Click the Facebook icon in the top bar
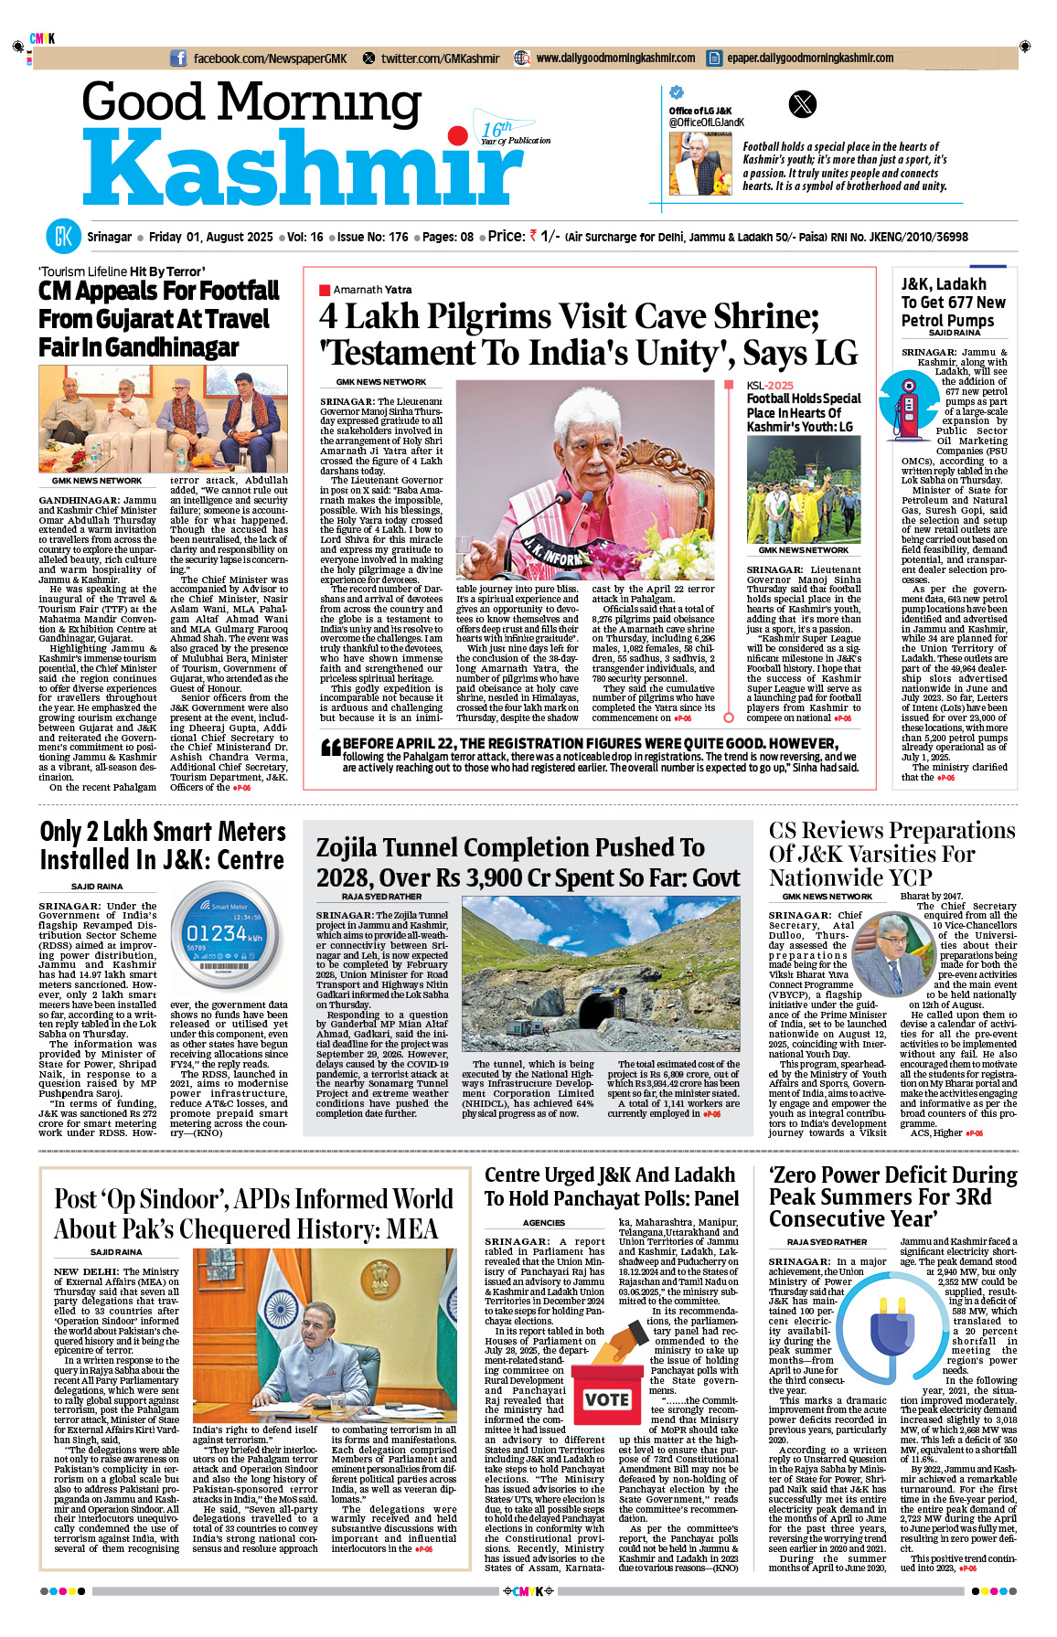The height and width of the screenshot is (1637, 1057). (178, 58)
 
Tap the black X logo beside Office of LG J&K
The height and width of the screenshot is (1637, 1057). (802, 104)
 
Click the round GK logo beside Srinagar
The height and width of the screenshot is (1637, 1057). (63, 237)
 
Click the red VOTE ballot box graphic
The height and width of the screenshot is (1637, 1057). (606, 1398)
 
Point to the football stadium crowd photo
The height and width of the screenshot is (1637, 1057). (803, 489)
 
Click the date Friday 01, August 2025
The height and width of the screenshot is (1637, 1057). (210, 237)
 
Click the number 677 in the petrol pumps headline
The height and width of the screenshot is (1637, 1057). (956, 303)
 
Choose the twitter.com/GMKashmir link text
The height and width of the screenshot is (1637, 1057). (440, 58)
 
